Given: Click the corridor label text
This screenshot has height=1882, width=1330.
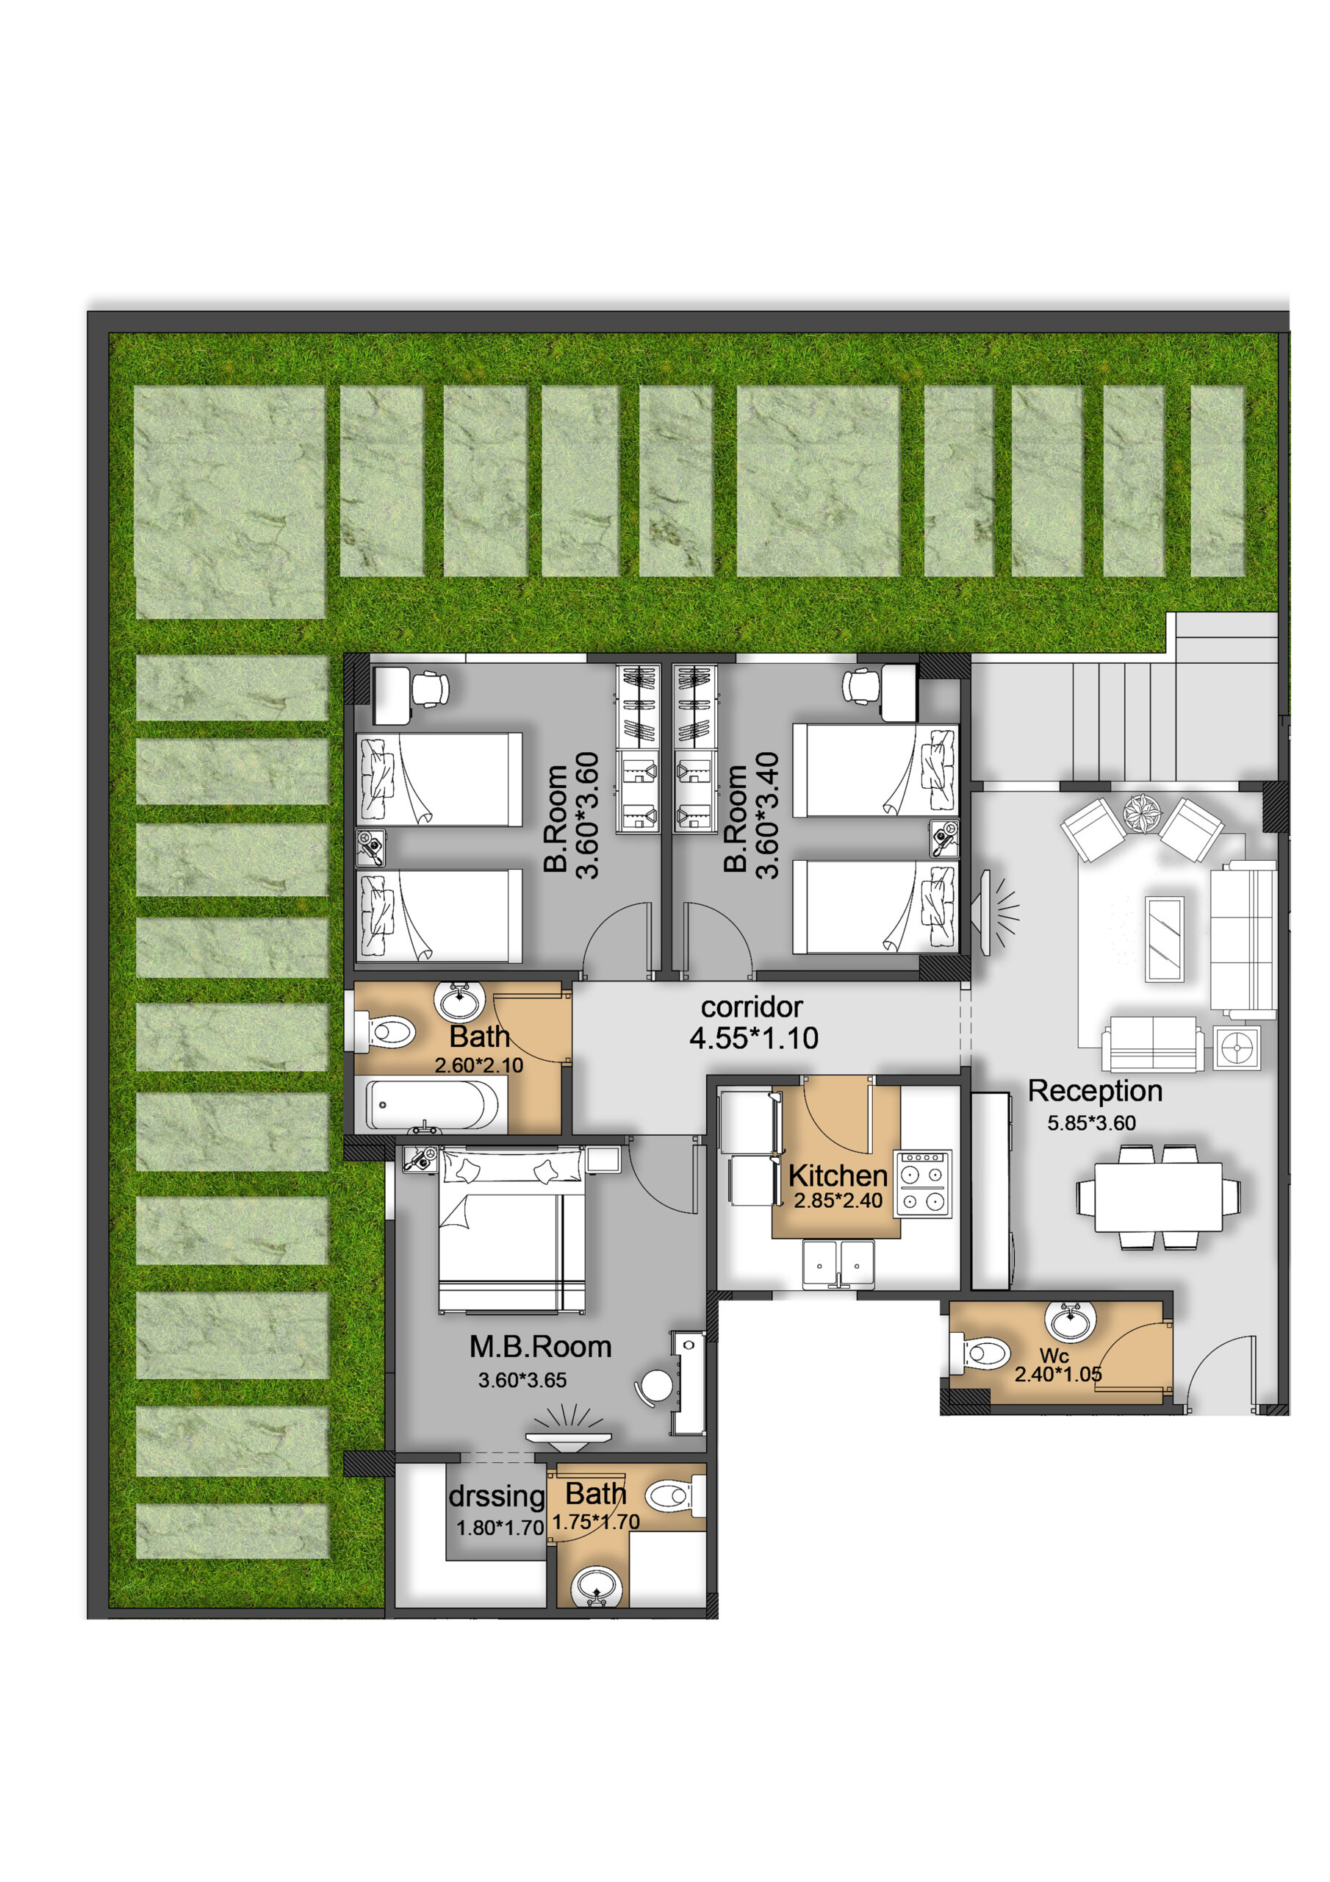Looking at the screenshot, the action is pyautogui.click(x=752, y=1006).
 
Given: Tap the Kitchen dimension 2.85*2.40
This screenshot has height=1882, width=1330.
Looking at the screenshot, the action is pyautogui.click(x=838, y=1201).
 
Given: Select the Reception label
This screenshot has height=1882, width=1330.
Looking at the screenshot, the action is pyautogui.click(x=1095, y=1091).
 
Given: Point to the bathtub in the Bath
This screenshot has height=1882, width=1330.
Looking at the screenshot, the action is pyautogui.click(x=432, y=1105).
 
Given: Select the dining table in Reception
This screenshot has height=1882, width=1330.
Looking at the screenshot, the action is pyautogui.click(x=1158, y=1197).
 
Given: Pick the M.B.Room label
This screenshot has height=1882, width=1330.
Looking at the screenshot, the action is pyautogui.click(x=540, y=1347).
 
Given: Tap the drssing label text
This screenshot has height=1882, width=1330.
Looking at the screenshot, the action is pyautogui.click(x=497, y=1497).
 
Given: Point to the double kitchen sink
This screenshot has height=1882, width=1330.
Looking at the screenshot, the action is pyautogui.click(x=838, y=1264).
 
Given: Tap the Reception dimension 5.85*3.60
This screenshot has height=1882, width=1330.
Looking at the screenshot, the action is pyautogui.click(x=1091, y=1123).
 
